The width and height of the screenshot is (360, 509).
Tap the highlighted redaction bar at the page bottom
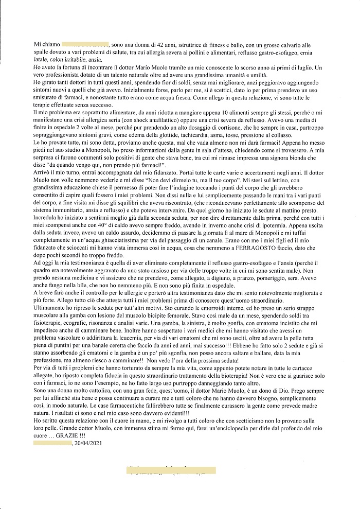point(171,470)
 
